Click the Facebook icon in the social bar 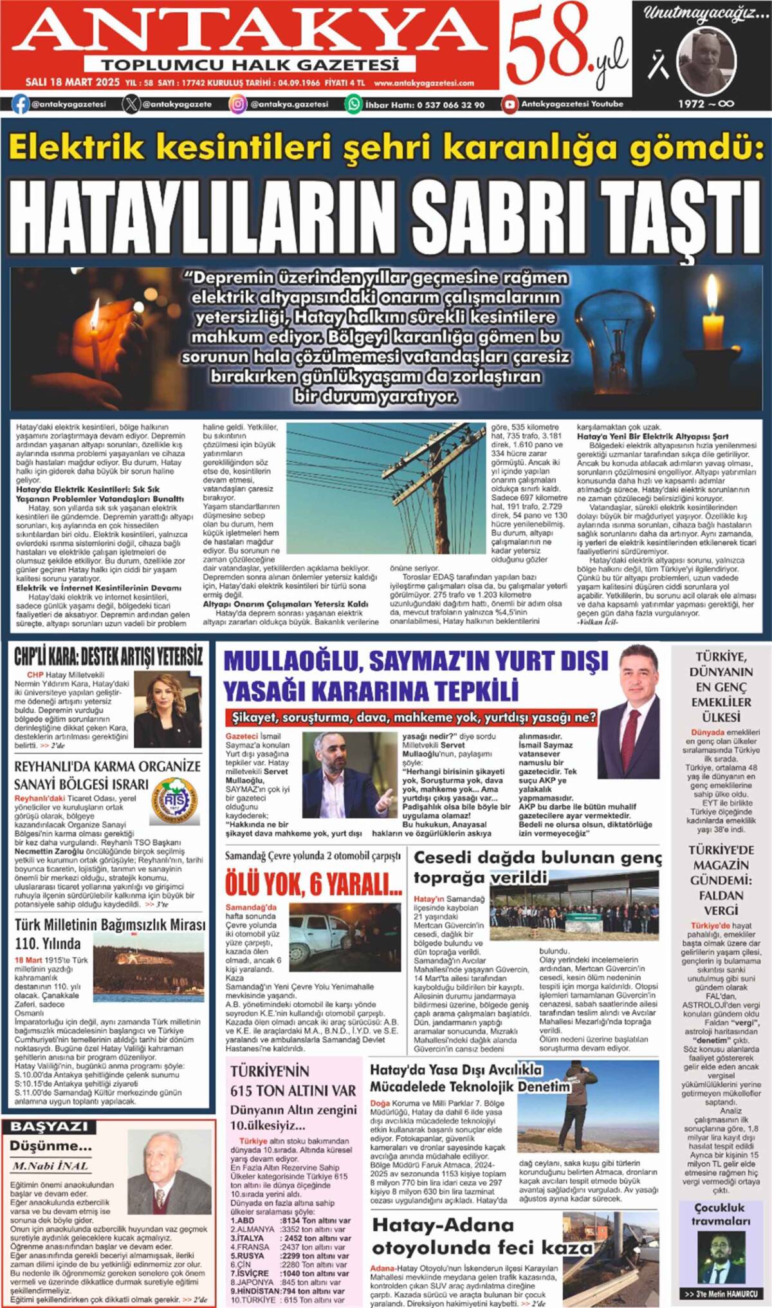click(21, 104)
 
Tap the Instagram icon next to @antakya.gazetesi click(238, 104)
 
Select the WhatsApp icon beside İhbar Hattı click(353, 104)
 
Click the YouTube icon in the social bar click(510, 104)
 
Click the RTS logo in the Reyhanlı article click(174, 801)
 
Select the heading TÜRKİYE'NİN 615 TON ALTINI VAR click(293, 1081)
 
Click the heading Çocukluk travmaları click(720, 1214)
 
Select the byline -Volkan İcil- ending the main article click(598, 622)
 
